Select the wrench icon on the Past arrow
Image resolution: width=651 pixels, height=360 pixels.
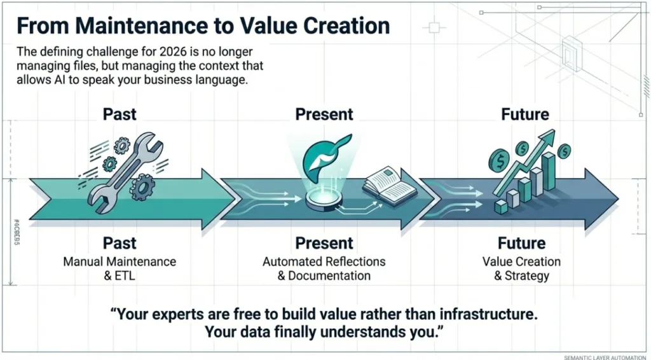click(124, 172)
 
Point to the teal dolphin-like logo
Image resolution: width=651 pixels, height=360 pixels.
click(326, 154)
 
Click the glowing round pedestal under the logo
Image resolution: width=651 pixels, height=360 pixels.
click(324, 199)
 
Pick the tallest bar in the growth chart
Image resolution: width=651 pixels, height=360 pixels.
click(549, 170)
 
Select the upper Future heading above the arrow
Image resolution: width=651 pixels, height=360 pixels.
click(525, 114)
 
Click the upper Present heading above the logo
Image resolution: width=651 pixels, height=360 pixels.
click(324, 114)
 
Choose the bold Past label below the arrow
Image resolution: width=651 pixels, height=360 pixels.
click(120, 243)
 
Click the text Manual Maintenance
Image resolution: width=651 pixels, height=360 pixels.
click(120, 262)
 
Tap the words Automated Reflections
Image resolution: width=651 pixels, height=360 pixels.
click(324, 262)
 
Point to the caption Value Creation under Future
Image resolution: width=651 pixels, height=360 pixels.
click(521, 262)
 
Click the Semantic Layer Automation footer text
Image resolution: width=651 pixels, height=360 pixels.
click(605, 357)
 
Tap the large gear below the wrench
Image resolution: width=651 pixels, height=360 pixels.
click(142, 187)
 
